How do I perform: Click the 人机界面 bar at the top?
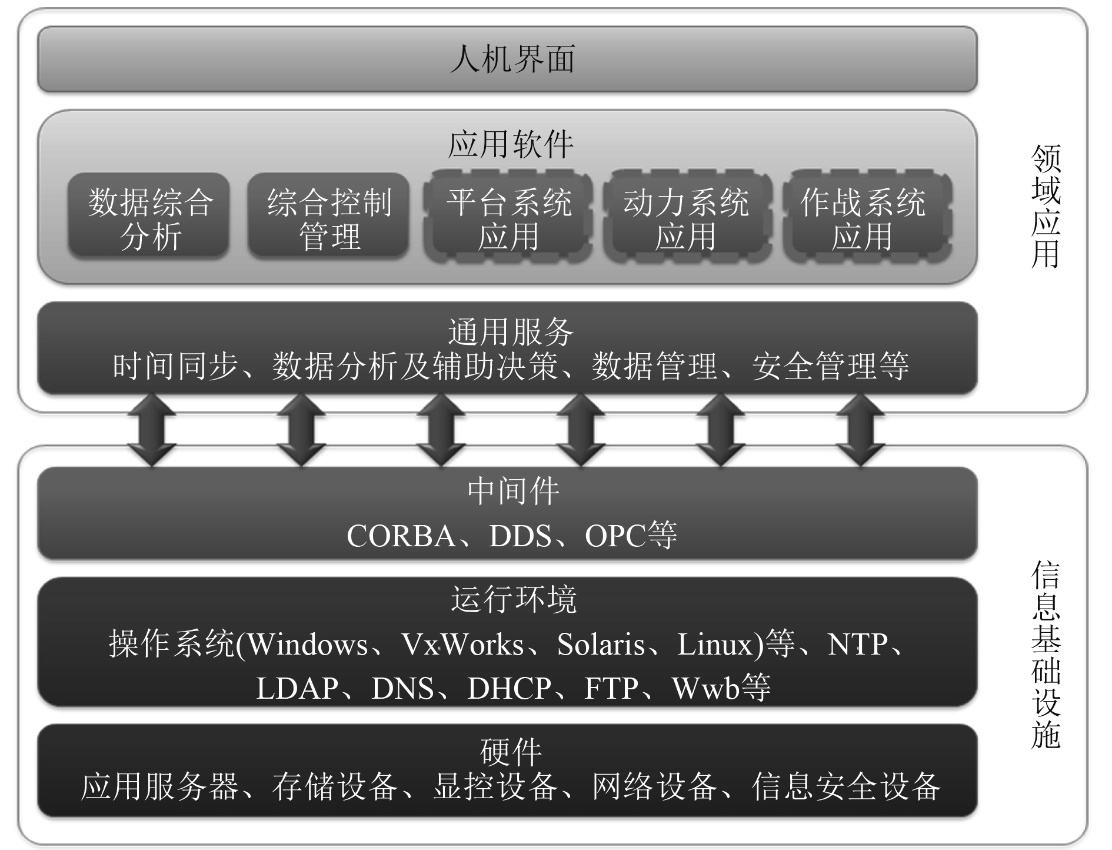[507, 59]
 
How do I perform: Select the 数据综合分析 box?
[149, 217]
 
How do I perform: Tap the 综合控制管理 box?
[328, 217]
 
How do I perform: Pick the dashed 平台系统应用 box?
[508, 217]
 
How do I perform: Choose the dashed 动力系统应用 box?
[685, 217]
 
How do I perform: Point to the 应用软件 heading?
[510, 144]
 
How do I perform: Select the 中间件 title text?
[512, 491]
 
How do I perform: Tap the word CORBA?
[401, 536]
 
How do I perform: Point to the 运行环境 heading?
[513, 599]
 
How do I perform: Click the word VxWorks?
[462, 644]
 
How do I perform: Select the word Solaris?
[601, 644]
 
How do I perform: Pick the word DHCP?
[509, 688]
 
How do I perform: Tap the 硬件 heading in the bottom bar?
[510, 751]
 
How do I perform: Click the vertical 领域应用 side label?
[1046, 206]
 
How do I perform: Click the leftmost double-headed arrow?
[152, 430]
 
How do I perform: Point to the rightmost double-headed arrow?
[860, 430]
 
